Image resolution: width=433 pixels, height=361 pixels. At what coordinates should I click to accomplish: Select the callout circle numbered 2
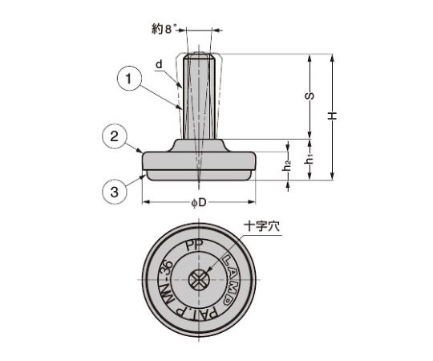click(x=114, y=137)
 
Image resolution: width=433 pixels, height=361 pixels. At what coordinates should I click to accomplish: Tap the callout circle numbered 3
click(x=114, y=192)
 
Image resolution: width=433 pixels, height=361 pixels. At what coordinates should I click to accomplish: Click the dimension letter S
click(x=311, y=96)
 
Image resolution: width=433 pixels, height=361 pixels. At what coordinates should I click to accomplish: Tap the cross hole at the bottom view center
click(x=198, y=280)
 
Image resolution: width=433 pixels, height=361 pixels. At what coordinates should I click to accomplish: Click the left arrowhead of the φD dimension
click(x=145, y=202)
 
